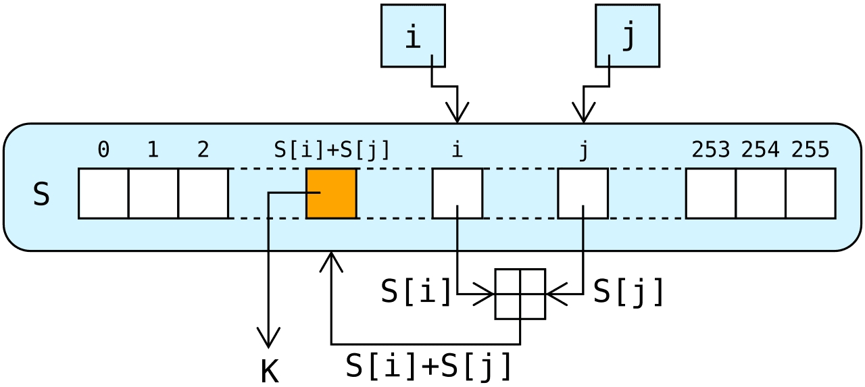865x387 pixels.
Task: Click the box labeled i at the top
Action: click(x=413, y=36)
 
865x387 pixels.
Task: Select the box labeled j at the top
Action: click(x=627, y=36)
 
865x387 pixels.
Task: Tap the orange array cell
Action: click(x=331, y=194)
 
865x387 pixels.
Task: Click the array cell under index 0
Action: click(x=103, y=194)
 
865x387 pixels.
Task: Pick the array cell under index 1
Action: click(x=153, y=194)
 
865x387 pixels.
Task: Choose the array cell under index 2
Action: click(x=203, y=194)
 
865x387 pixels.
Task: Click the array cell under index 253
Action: click(x=711, y=194)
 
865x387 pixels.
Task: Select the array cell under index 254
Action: click(x=761, y=194)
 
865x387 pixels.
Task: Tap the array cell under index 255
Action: click(x=811, y=194)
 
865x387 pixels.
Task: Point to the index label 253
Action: click(x=711, y=150)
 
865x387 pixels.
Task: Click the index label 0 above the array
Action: click(x=103, y=150)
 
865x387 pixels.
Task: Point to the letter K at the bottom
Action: click(x=270, y=371)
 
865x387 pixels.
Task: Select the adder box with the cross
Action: click(x=520, y=294)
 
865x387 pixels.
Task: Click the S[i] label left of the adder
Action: click(x=416, y=292)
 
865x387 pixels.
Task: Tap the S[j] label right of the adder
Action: click(x=628, y=292)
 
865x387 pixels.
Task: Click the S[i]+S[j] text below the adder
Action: click(x=428, y=365)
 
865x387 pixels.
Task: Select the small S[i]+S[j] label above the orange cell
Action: click(x=331, y=150)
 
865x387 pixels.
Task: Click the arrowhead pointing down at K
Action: click(x=270, y=338)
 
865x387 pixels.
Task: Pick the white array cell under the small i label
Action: click(x=458, y=194)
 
